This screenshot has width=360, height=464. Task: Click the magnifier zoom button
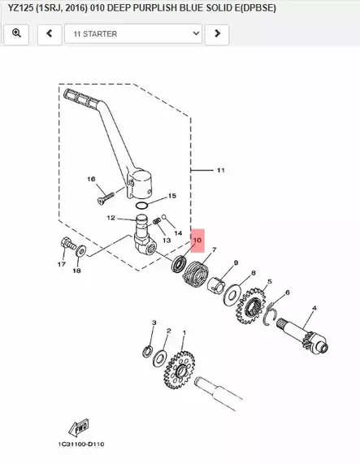pyautogui.click(x=16, y=34)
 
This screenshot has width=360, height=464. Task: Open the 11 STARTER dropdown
pyautogui.click(x=133, y=34)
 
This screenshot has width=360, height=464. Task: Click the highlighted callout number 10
pyautogui.click(x=197, y=241)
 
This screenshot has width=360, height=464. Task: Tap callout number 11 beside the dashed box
pyautogui.click(x=221, y=171)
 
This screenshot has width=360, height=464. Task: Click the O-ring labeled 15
pyautogui.click(x=141, y=205)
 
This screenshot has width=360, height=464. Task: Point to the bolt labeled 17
pyautogui.click(x=68, y=244)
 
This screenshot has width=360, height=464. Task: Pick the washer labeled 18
pyautogui.click(x=80, y=250)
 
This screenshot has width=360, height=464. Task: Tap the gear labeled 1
pyautogui.click(x=180, y=370)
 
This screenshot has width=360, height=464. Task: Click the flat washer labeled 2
pyautogui.click(x=160, y=358)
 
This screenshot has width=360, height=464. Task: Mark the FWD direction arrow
pyautogui.click(x=79, y=427)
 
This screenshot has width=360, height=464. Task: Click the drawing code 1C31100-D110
pyautogui.click(x=81, y=444)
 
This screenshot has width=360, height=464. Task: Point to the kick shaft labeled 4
pyautogui.click(x=302, y=333)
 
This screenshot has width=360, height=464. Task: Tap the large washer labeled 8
pyautogui.click(x=232, y=294)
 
